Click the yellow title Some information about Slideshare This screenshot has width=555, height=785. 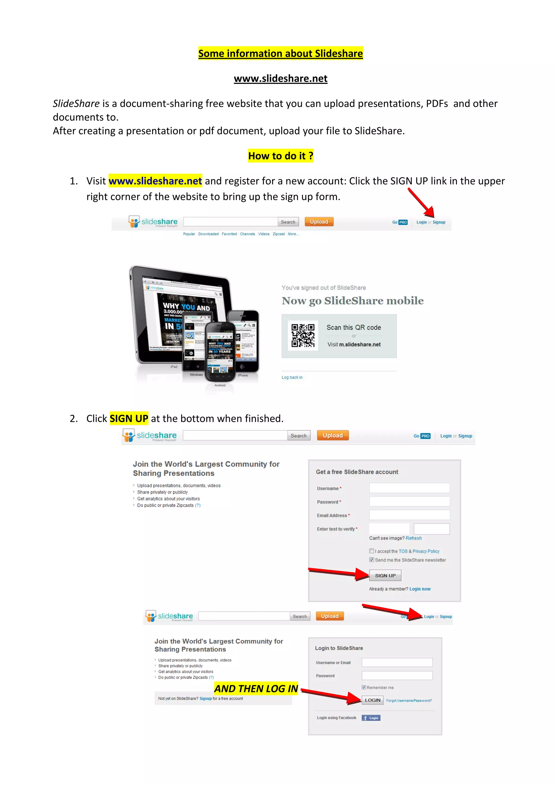point(280,53)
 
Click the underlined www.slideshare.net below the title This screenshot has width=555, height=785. point(280,79)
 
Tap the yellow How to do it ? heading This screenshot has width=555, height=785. point(280,156)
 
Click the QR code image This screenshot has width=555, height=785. point(303,336)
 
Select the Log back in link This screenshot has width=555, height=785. point(292,378)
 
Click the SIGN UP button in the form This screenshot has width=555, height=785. point(385,576)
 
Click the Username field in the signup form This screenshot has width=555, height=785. point(409,488)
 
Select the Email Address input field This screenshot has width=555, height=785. point(409,515)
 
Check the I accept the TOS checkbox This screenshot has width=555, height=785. point(372,551)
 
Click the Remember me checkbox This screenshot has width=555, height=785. point(364,687)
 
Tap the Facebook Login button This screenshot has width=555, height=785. point(371,718)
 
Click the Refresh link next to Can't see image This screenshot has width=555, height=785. point(414,538)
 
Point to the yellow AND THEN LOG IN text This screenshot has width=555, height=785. point(256,689)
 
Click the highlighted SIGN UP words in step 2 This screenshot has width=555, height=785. point(129,419)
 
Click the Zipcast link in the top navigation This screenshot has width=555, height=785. point(279,234)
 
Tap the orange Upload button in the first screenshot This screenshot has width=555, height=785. point(319,222)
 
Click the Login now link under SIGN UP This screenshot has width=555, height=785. point(420,589)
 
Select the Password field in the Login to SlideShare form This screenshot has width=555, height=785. point(397,675)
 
